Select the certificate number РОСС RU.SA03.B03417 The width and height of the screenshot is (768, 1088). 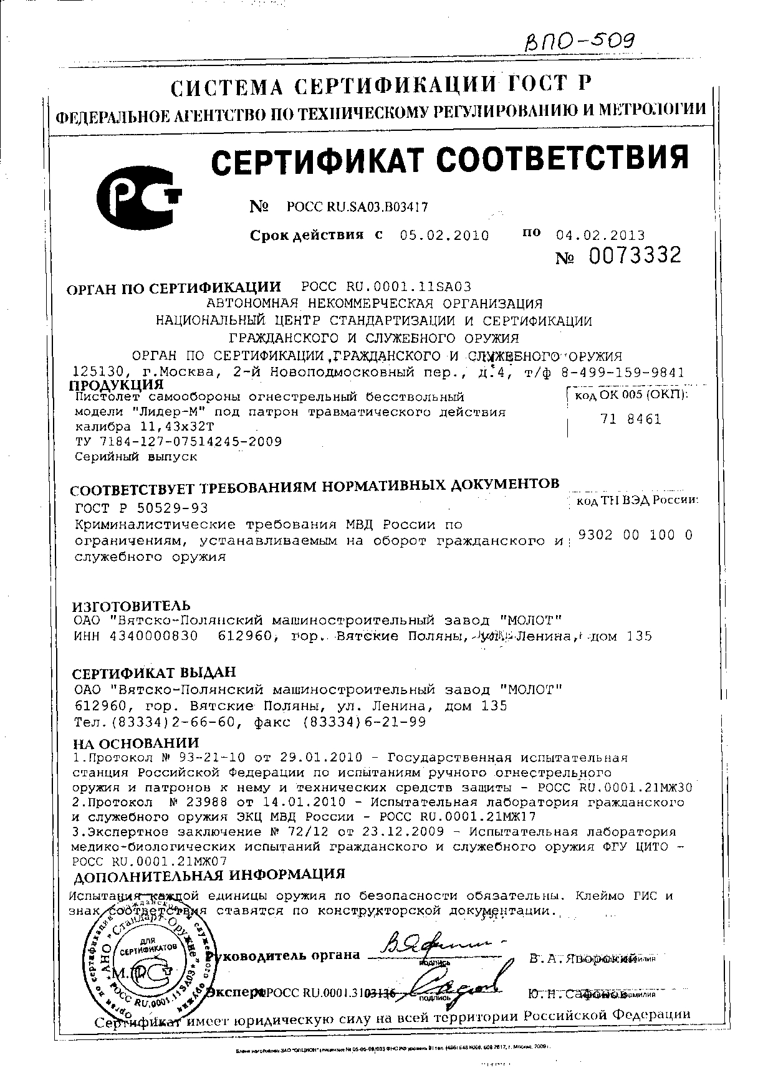357,207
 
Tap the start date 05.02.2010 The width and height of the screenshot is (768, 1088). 444,236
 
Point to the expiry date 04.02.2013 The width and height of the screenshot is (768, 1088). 600,236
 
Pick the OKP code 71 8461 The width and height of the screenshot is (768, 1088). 631,419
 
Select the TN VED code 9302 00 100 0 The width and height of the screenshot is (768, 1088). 635,535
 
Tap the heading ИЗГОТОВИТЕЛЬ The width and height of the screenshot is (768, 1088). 132,606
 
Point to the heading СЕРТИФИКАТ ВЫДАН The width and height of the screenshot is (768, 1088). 155,673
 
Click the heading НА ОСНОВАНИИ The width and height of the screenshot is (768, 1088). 136,743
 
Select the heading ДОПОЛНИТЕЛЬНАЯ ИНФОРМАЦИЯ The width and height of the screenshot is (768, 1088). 209,874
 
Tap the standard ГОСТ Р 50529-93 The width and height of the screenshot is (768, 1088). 141,508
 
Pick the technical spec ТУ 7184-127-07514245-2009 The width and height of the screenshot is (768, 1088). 178,442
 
